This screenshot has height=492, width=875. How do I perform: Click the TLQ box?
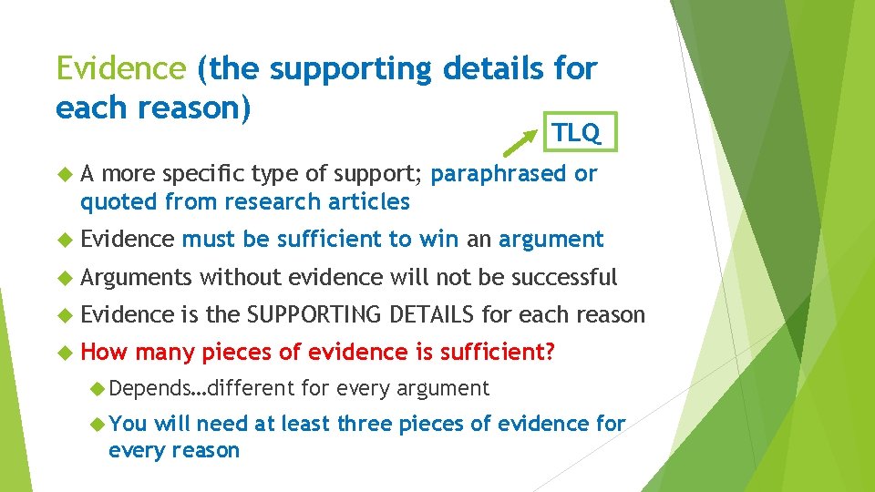(578, 133)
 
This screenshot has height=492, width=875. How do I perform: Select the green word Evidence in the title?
(120, 68)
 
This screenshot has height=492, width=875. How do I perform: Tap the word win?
(439, 239)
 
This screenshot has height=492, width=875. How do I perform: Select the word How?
(105, 353)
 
